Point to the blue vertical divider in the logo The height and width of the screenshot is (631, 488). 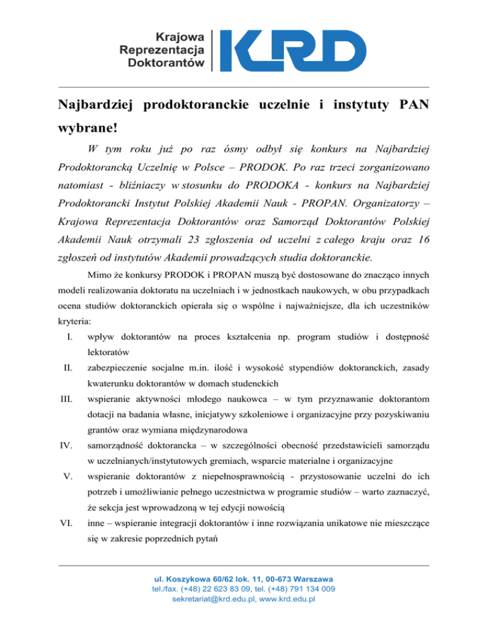click(x=220, y=50)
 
